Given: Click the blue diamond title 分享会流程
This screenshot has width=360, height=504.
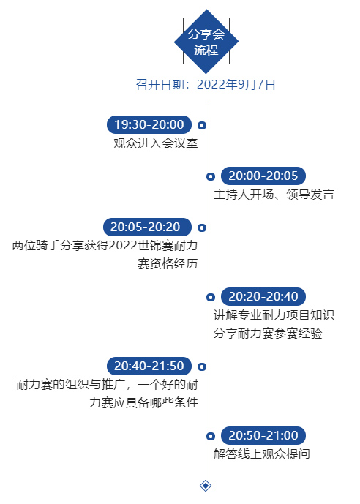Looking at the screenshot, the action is click(206, 42).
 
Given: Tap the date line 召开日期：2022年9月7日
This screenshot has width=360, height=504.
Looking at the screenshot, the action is click(206, 85).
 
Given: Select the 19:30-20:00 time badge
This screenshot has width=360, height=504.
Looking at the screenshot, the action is click(149, 124).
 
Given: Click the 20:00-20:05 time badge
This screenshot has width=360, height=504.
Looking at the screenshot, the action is click(263, 176).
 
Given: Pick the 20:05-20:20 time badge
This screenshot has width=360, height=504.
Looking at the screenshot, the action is click(147, 227).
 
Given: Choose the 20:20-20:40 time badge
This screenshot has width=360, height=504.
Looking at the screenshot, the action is click(263, 296).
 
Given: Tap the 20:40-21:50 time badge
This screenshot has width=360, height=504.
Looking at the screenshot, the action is click(149, 366).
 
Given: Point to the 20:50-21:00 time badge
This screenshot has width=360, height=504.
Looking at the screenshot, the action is click(263, 435).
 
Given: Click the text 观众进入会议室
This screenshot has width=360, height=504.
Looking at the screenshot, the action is click(156, 143).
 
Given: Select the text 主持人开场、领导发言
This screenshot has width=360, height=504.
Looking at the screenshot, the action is click(274, 195).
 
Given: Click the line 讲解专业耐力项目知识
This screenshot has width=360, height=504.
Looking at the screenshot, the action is click(274, 315).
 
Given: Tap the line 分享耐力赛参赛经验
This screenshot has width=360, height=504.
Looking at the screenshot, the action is click(268, 334).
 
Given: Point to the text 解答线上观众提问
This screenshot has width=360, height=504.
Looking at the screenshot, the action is click(262, 454).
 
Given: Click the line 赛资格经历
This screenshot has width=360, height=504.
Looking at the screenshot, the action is click(168, 264).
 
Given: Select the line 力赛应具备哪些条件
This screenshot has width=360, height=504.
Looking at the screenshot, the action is click(143, 403).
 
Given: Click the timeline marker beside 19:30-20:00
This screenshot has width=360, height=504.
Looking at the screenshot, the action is click(201, 125).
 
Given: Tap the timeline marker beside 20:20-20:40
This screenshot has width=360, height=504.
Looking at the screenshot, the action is click(211, 297).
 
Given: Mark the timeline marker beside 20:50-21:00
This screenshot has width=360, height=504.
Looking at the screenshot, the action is click(211, 436).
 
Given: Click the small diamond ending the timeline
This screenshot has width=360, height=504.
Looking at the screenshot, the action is click(206, 486).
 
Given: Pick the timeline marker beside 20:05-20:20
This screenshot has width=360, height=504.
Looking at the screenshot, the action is click(201, 227).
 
